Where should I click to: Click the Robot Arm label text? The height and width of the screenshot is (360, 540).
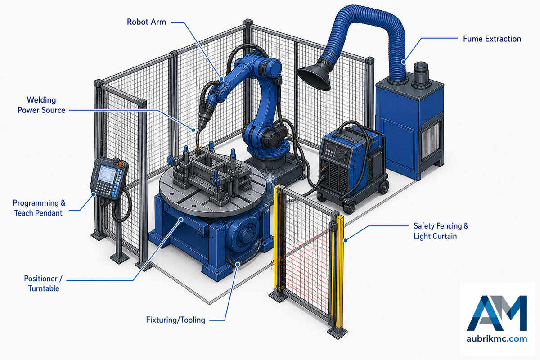(146, 22)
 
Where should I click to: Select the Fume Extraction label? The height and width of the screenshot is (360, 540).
(492, 39)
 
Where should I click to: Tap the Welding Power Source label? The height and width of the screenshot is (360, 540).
(41, 105)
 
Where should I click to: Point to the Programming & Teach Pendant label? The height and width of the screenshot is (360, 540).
(39, 208)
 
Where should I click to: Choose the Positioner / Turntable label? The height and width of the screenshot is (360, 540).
(43, 283)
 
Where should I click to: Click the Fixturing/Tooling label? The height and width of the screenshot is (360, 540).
(175, 320)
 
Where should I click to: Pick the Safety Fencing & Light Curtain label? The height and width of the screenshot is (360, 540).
(441, 231)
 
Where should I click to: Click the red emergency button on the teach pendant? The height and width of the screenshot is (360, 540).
(121, 164)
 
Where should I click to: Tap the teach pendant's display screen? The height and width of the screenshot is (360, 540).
(107, 174)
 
